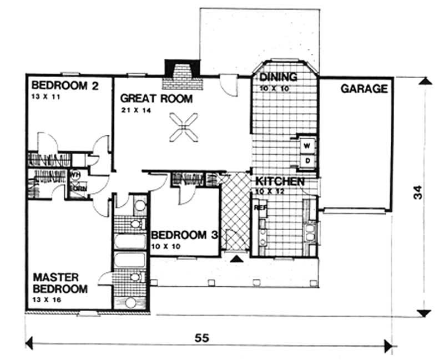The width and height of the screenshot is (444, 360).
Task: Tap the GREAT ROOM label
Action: tap(157, 99)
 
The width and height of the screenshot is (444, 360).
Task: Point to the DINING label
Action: tap(278, 77)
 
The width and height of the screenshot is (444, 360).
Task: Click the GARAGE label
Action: tap(364, 89)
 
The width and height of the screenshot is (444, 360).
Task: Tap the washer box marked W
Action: tap(307, 146)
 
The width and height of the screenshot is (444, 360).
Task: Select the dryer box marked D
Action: tap(307, 160)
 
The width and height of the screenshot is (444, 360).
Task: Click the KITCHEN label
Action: tap(279, 182)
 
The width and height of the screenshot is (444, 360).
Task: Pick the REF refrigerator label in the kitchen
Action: tap(259, 207)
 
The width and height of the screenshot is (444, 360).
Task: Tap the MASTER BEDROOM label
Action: tap(60, 282)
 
